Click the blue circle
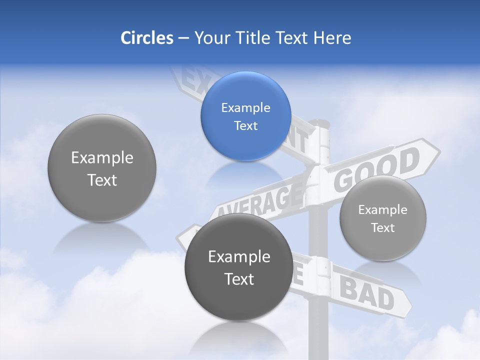pos(245,116)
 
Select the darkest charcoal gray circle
pos(239,267)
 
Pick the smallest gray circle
pos(383,218)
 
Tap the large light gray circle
pos(102,168)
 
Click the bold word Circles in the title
pos(147,38)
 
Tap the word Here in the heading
pos(332,38)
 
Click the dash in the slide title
pos(183,38)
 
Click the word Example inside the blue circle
pos(245,107)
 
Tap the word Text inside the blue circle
pos(245,125)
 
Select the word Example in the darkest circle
pos(239,256)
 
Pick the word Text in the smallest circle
pos(383,228)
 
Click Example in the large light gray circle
pos(102,158)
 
